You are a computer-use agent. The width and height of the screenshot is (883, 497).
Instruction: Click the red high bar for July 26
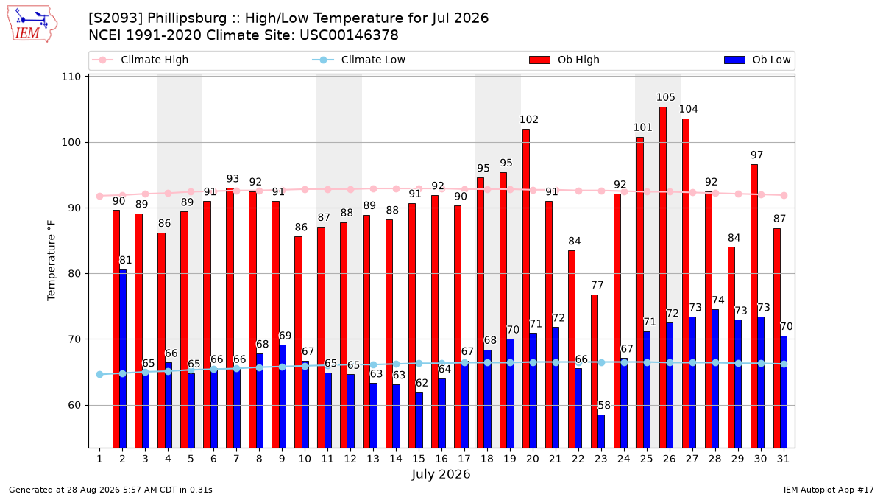click(x=663, y=278)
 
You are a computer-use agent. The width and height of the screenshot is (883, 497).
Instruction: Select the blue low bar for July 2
click(x=123, y=359)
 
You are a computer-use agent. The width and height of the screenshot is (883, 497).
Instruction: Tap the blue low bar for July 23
click(x=601, y=431)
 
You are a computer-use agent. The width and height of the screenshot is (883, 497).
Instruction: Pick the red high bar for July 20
click(x=526, y=289)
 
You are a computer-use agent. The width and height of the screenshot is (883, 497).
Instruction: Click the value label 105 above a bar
click(x=666, y=97)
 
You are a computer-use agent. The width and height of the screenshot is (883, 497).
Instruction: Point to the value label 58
click(x=604, y=405)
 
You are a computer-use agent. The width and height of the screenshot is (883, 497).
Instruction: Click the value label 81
click(x=125, y=261)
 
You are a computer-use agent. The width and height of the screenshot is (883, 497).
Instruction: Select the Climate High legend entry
click(x=140, y=60)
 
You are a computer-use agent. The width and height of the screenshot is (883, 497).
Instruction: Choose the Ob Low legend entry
click(x=757, y=60)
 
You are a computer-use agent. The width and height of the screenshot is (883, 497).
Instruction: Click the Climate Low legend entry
click(x=359, y=60)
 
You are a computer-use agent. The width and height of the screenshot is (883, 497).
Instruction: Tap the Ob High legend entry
click(x=564, y=60)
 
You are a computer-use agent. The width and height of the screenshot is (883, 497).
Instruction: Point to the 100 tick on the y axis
click(x=71, y=142)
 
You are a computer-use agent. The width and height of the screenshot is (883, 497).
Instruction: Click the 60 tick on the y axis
click(x=74, y=405)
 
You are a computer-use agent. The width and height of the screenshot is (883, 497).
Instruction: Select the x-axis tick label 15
click(x=419, y=459)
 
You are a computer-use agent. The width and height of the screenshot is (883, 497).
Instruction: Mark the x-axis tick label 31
click(x=783, y=459)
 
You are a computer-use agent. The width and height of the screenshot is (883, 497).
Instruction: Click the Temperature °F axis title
click(x=52, y=261)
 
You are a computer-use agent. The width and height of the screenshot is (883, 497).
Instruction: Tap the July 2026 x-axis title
click(x=441, y=474)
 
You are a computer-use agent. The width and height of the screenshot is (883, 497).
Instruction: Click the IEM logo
click(x=32, y=24)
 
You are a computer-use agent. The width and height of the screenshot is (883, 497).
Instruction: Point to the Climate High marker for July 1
click(x=100, y=196)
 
